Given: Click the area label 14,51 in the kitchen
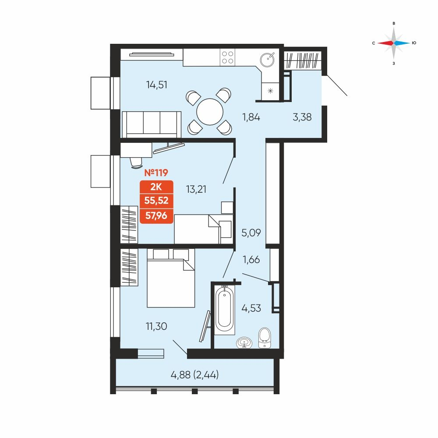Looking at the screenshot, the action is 157,85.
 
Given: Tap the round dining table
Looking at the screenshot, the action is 210,112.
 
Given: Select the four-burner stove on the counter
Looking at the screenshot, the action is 228,57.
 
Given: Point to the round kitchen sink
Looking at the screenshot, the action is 267,60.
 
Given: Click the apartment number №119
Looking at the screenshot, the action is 156,173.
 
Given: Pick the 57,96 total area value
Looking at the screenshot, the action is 156,215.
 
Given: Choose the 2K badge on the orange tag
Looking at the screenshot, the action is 156,187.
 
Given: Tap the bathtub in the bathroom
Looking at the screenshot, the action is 224,309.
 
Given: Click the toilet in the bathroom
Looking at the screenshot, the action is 265,338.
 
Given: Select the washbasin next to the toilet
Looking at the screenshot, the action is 244,343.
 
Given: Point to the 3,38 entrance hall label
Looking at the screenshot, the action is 302,117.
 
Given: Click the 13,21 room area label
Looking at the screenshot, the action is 196,189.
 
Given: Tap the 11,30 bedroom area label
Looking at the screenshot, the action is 156,326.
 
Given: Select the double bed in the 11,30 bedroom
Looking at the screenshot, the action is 171,278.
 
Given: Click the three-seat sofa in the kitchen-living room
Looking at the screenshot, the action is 152,124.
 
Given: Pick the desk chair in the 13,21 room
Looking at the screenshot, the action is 136,163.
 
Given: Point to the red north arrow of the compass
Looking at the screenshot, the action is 385,43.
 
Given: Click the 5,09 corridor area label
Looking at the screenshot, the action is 251,233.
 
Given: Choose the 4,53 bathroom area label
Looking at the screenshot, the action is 251,308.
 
